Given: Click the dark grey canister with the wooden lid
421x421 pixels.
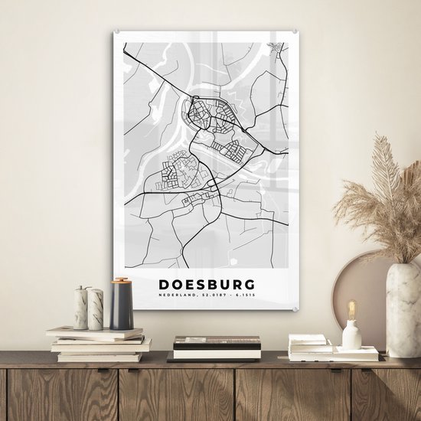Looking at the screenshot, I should [x=121, y=306].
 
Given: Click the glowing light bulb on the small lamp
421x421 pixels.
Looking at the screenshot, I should [x=352, y=310].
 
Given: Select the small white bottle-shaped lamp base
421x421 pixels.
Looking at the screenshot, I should [x=351, y=335].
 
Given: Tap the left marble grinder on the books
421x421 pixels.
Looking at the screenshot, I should [x=81, y=308].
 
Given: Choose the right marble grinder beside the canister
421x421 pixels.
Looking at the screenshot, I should [x=96, y=308].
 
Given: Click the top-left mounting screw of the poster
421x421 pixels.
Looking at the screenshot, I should [x=118, y=32].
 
